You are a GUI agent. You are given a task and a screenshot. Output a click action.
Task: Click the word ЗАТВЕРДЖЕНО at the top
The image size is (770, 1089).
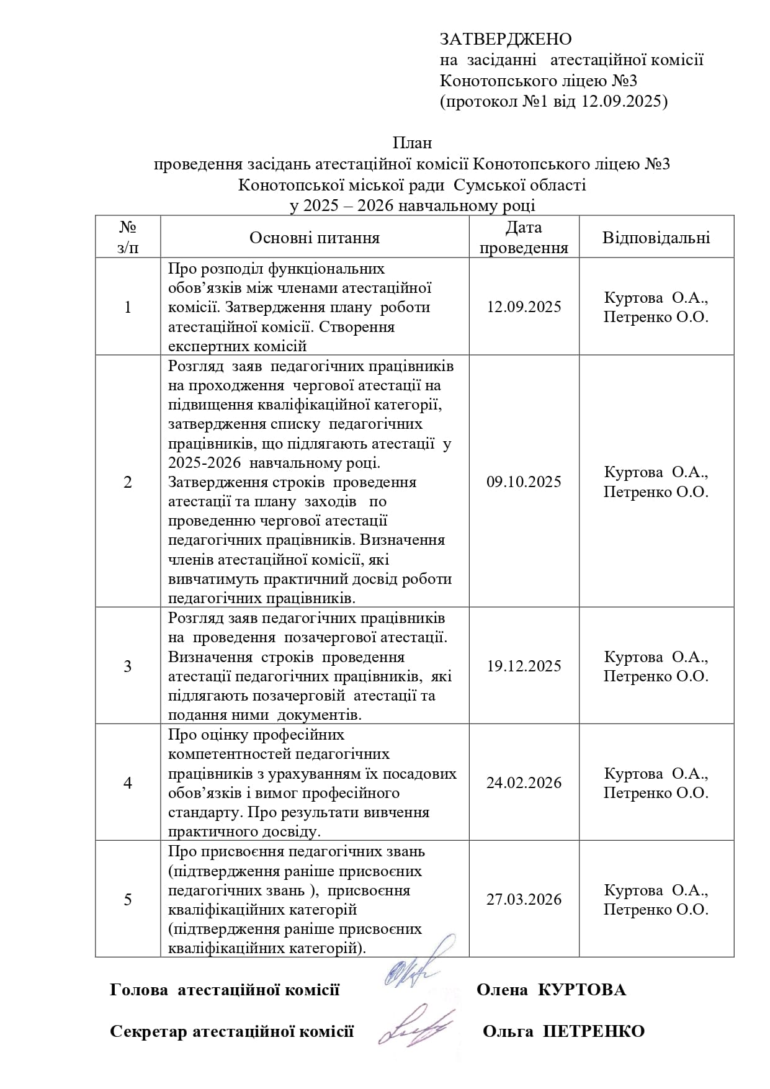tap(505, 39)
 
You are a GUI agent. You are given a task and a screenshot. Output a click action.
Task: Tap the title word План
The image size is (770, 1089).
tap(412, 143)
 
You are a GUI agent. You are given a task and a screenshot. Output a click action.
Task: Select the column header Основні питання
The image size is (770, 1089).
tap(314, 238)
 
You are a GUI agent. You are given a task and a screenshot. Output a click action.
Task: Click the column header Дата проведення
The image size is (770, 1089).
tap(524, 238)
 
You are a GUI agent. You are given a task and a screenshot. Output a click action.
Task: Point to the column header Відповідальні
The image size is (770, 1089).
tap(656, 238)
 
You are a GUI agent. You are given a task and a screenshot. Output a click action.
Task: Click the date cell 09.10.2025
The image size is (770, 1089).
tap(524, 482)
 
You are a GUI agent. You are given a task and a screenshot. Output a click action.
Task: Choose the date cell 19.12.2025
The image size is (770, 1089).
tap(524, 666)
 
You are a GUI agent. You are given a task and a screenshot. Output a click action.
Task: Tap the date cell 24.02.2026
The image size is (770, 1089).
tap(524, 782)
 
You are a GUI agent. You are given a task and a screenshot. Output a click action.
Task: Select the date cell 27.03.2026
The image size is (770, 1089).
tap(524, 899)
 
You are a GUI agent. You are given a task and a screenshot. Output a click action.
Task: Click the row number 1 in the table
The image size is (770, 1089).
tap(128, 307)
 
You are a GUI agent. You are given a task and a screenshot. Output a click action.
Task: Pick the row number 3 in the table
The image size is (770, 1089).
tap(128, 666)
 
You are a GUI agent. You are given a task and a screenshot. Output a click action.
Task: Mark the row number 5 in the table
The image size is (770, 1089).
tap(128, 899)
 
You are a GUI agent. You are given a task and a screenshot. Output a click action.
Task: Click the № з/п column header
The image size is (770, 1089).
tap(128, 238)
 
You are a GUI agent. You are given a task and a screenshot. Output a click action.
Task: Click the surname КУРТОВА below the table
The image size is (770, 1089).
tap(581, 990)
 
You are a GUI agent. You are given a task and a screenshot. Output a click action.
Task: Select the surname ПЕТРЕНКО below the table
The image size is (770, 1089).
tap(594, 1031)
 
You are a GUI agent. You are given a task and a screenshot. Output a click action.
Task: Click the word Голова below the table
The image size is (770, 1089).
tap(138, 990)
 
